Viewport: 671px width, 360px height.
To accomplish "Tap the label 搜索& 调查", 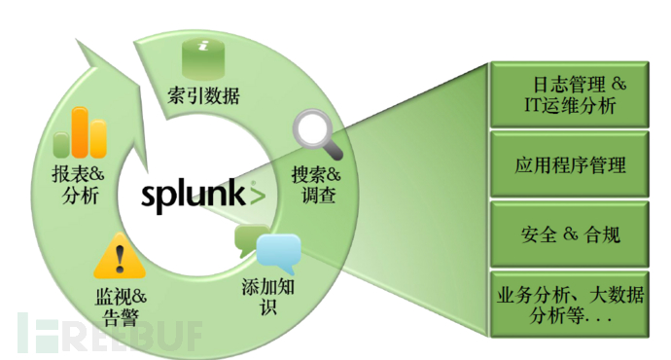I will pyautogui.click(x=316, y=186).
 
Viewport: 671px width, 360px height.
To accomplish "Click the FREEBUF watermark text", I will pyautogui.click(x=107, y=332).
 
